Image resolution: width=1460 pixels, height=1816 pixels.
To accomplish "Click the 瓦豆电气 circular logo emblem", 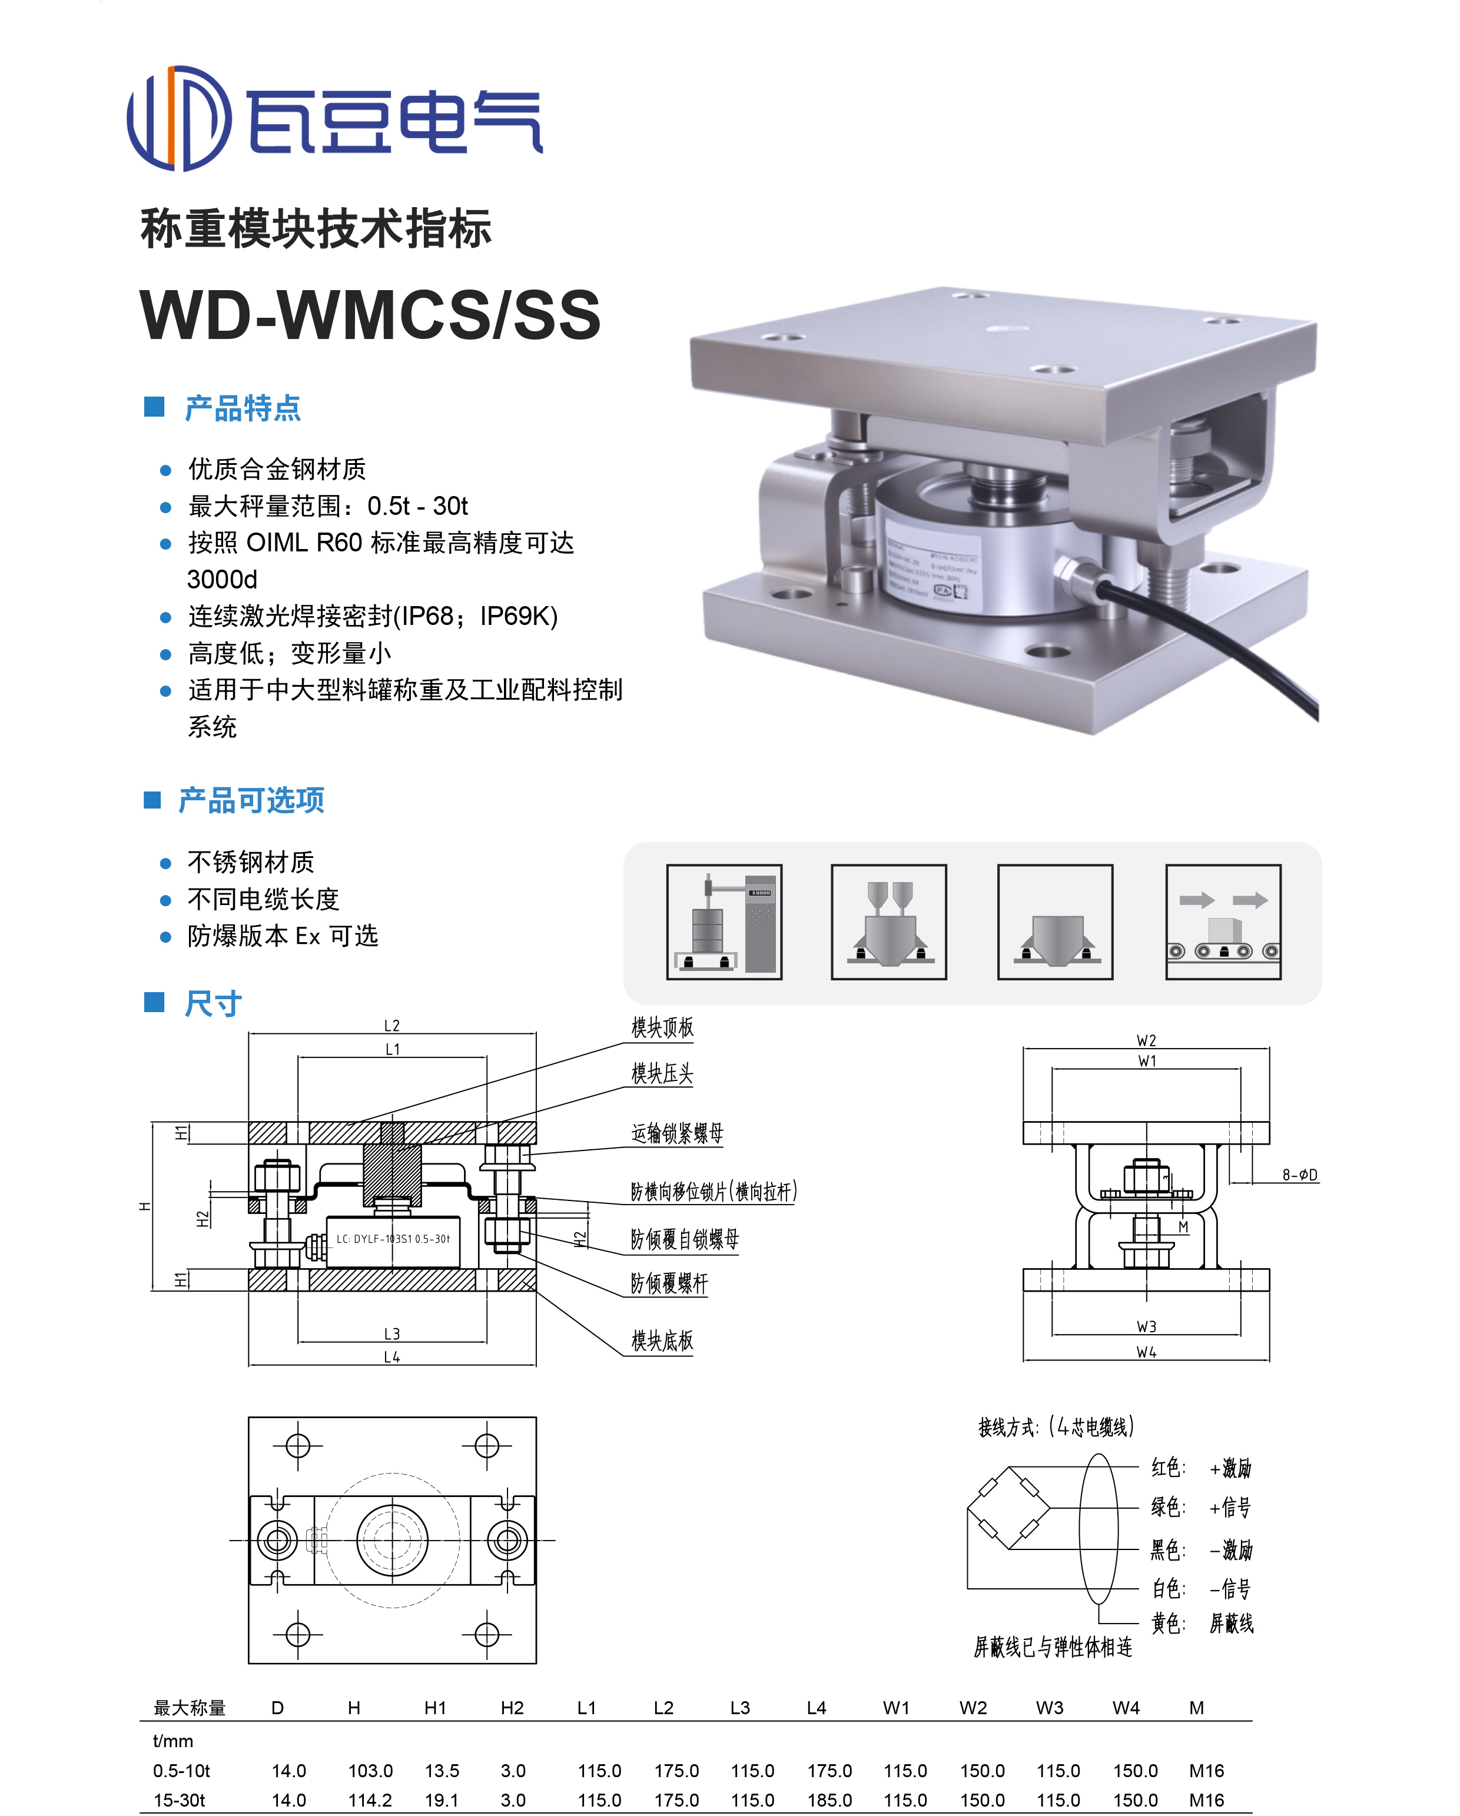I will tap(178, 118).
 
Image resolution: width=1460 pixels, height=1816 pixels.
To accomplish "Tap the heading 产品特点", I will tap(243, 408).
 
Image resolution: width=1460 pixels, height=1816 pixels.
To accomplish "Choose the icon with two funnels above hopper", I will tap(889, 922).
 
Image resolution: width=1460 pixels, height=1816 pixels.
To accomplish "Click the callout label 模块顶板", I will tap(662, 1027).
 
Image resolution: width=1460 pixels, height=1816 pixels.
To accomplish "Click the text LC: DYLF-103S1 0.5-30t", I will tap(393, 1239).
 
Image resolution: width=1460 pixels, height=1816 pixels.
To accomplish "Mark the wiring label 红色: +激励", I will tap(1200, 1468).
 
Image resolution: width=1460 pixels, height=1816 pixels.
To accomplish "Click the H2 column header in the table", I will tap(512, 1707).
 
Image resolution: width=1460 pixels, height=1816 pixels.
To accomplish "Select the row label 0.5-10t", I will tap(181, 1771).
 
